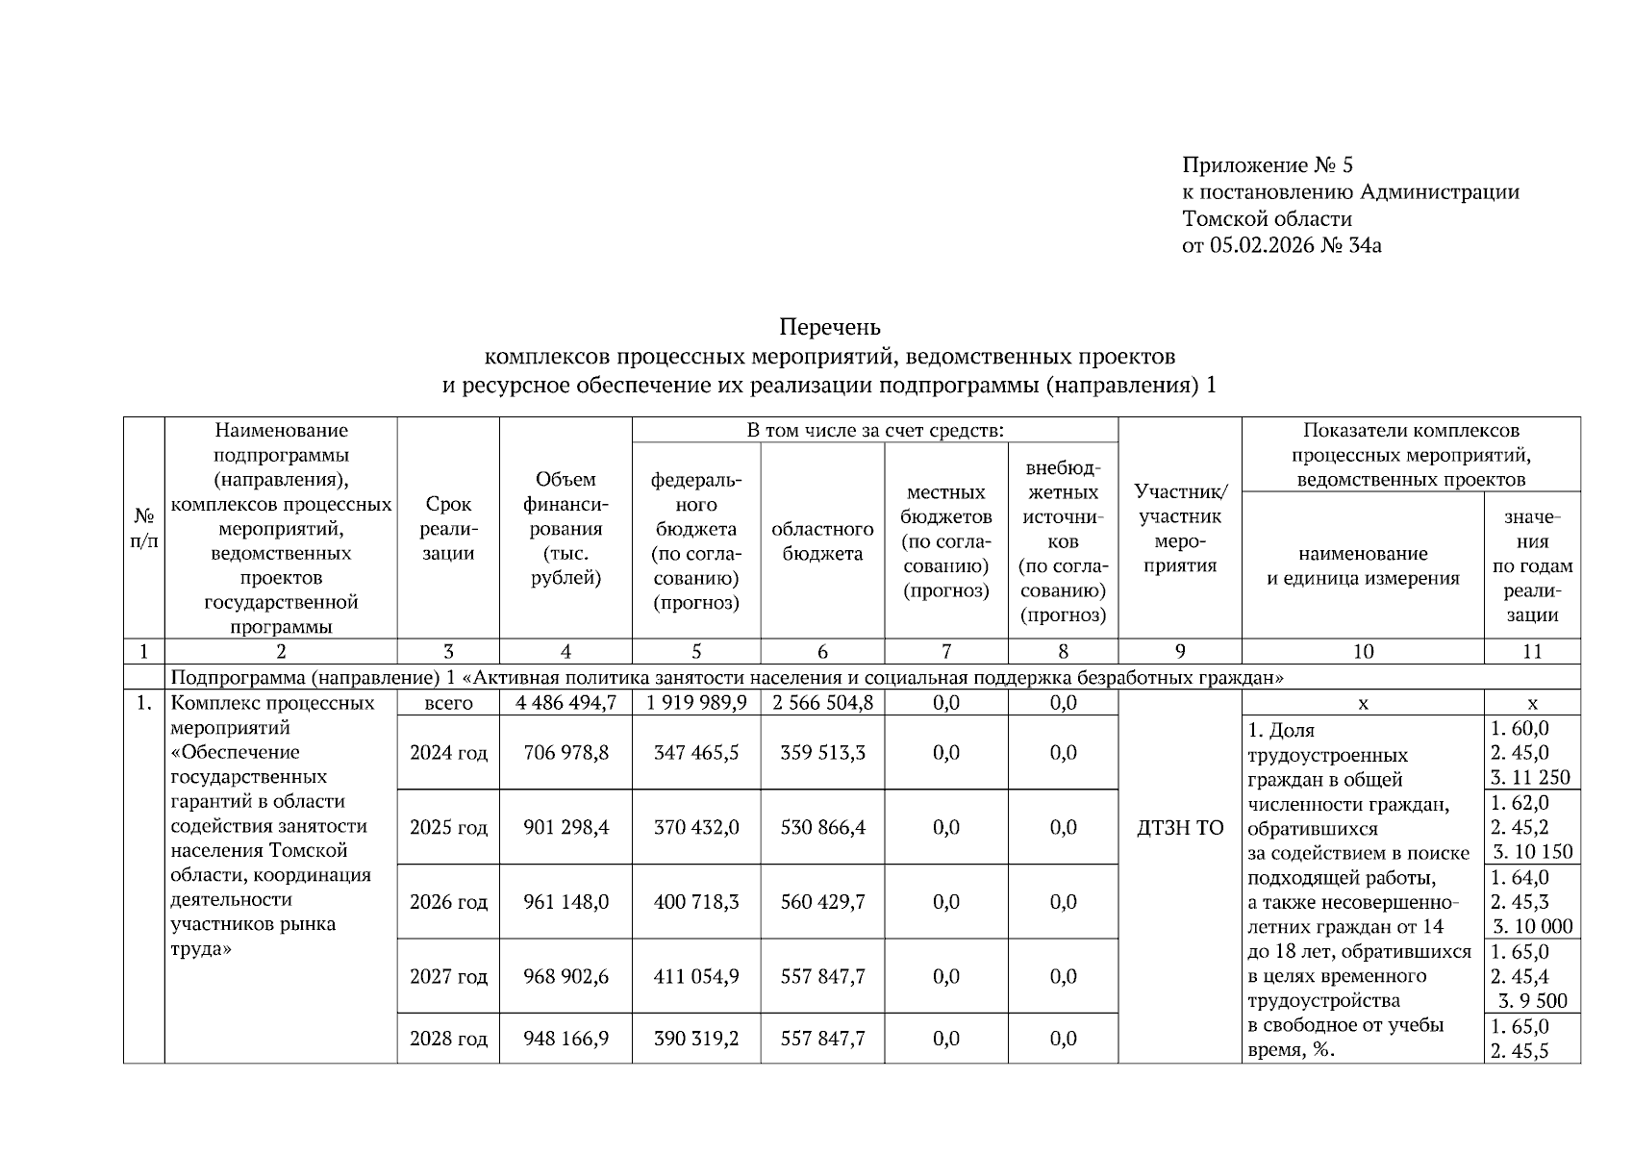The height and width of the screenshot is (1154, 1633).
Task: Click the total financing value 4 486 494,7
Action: pos(565,702)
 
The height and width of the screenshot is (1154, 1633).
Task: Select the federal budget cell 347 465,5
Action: pos(696,752)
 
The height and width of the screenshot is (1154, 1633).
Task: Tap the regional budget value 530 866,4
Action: pos(822,827)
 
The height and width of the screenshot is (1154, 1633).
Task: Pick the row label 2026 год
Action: pos(448,902)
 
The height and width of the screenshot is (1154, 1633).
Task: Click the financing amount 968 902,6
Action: pos(565,976)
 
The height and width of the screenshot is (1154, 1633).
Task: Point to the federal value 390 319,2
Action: pos(696,1039)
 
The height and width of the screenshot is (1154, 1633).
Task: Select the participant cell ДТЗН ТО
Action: pos(1180,827)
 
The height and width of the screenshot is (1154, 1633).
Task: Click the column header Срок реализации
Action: pos(448,528)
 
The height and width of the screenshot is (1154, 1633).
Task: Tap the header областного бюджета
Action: pos(822,540)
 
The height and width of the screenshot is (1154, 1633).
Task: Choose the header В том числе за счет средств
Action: pos(875,430)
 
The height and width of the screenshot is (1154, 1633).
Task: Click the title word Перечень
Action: pos(829,327)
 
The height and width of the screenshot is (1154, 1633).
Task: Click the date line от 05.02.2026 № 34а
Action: pos(1281,245)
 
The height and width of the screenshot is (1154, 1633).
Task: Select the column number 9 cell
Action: pos(1180,651)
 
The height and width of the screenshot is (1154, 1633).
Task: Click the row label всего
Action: pos(448,702)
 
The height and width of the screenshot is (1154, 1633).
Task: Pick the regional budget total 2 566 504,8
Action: pos(822,702)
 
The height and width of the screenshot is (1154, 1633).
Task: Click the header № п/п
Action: pos(144,528)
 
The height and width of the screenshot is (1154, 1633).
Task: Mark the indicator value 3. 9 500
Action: pos(1532,1000)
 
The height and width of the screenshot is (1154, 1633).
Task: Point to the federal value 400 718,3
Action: pos(696,902)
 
